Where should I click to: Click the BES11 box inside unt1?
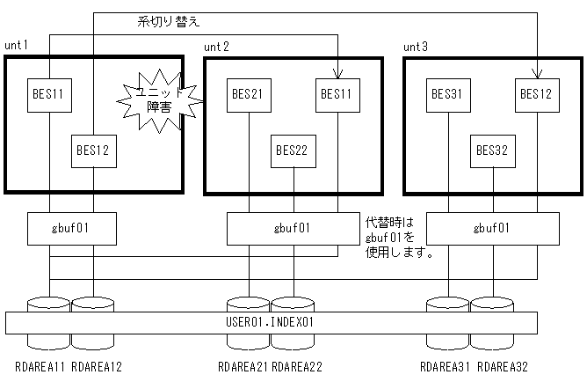[x=49, y=92]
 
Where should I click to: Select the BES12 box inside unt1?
[x=93, y=151]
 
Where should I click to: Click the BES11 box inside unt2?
[x=337, y=92]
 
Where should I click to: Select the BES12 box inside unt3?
[x=536, y=92]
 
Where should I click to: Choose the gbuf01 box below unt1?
[x=71, y=228]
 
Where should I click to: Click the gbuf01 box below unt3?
[x=493, y=228]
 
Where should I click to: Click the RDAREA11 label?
[x=35, y=367]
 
